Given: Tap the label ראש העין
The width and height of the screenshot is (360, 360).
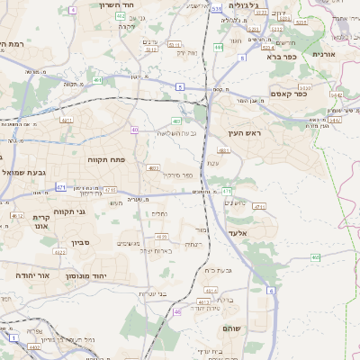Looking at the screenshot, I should [244, 133].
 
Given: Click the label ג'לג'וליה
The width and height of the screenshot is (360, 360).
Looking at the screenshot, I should [244, 5].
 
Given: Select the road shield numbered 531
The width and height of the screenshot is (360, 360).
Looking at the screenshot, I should [217, 8].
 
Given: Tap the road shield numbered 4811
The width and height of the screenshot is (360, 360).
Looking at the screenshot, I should [223, 150].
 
